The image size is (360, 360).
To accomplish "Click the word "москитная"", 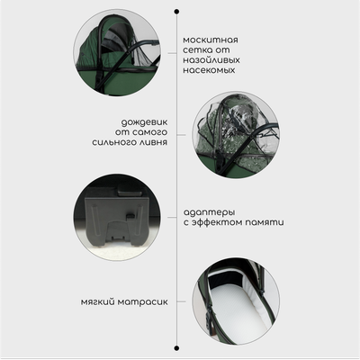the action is [x=211, y=40].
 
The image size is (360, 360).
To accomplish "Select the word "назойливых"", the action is [x=211, y=60].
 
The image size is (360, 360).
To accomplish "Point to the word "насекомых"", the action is [x=209, y=70].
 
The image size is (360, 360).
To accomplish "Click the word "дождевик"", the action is [x=144, y=122].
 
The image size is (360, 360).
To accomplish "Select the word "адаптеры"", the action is [x=209, y=212].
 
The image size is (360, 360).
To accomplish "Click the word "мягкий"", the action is [x=97, y=302].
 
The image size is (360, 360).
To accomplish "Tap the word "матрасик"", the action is [x=142, y=302].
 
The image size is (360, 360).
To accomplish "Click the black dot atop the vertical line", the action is [x=176, y=12].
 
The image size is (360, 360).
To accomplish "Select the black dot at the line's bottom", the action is [x=176, y=348].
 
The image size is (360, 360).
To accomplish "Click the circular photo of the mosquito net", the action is [x=117, y=53].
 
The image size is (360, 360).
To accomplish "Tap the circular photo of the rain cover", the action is [x=236, y=135].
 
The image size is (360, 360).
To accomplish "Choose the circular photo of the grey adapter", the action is [x=117, y=217].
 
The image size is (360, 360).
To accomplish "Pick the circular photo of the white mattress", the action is [x=236, y=301].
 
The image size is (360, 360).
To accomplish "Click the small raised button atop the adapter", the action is [x=128, y=191].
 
